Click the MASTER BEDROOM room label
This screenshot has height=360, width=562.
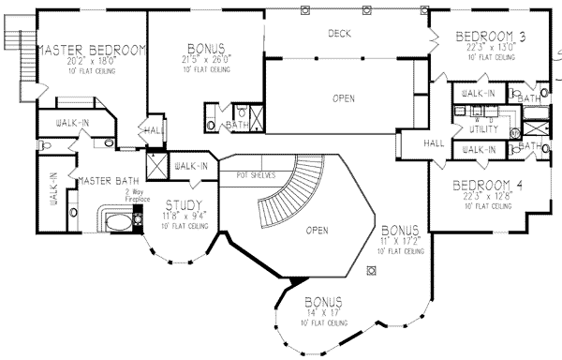click(91, 49)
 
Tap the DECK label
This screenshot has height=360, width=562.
click(339, 34)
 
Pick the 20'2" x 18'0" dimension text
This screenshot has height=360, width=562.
click(91, 63)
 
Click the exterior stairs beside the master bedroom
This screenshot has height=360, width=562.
click(14, 41)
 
